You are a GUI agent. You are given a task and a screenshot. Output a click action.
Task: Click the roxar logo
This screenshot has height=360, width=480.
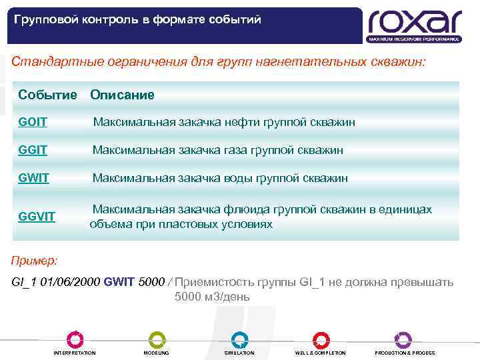(x=414, y=25)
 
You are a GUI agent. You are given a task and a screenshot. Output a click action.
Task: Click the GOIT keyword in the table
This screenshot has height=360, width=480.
(x=33, y=123)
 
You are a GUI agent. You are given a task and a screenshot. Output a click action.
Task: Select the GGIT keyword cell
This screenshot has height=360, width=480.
(x=33, y=151)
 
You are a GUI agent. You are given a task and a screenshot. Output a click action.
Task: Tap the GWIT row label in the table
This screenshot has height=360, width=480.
(x=33, y=178)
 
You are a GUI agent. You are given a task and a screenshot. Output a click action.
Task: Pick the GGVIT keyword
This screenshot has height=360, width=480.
(x=37, y=217)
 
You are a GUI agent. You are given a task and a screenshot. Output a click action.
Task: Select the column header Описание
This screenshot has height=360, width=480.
(x=122, y=95)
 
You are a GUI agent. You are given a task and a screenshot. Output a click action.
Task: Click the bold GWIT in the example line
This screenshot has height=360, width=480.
(x=119, y=282)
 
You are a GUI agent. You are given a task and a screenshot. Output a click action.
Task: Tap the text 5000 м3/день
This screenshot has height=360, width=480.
(x=212, y=297)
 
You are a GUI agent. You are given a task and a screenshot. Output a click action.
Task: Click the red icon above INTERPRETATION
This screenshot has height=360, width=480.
(x=75, y=339)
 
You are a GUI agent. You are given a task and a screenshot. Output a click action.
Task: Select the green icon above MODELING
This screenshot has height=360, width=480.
(x=157, y=339)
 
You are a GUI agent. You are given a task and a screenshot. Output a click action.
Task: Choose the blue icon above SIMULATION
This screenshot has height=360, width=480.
(x=239, y=339)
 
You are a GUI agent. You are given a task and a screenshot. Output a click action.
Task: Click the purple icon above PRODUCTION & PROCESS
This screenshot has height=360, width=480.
(x=403, y=339)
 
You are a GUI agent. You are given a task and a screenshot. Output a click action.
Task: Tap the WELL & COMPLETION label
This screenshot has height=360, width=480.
(x=321, y=353)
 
